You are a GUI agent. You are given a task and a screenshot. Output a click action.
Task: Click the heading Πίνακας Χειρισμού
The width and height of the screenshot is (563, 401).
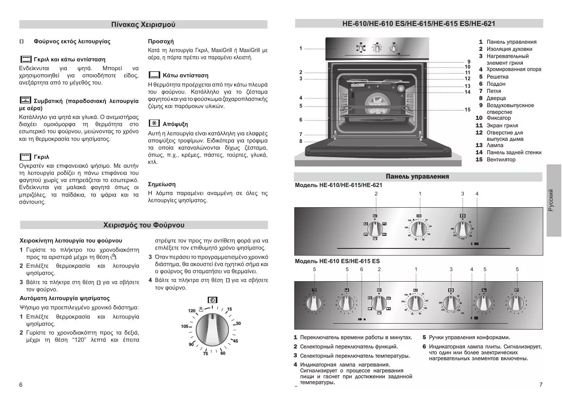coord(143,24)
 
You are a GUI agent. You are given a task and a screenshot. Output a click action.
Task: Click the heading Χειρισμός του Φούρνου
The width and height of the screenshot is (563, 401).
coord(144,225)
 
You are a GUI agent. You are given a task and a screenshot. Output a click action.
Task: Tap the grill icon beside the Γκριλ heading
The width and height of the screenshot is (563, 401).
coord(26,157)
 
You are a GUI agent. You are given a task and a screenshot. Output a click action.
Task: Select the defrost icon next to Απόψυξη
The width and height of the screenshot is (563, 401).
coord(154,124)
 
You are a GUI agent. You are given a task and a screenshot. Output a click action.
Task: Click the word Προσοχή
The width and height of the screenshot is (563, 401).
coord(161,41)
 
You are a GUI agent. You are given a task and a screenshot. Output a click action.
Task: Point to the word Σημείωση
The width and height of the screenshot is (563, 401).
coord(162,184)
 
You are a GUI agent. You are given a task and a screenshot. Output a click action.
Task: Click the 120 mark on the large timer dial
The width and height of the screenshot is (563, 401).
coord(192,311)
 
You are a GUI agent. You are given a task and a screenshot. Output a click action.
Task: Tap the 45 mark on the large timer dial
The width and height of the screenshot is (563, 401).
coord(235,341)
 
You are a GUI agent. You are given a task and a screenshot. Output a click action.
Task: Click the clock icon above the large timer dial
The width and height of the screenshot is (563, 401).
coord(213,300)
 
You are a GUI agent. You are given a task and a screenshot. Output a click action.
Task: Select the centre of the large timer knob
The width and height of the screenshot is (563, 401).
coord(213,330)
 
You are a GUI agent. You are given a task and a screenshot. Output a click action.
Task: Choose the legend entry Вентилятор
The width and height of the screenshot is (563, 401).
coord(501,159)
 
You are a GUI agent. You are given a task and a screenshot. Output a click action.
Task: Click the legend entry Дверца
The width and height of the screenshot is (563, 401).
coord(496,98)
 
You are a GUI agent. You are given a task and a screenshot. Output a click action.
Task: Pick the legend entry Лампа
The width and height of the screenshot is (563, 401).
coord(495,145)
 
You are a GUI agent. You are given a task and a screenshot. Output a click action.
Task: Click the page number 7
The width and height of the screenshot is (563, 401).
coord(541,385)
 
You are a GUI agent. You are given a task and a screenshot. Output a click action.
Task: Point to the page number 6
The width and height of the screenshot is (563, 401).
coord(21,385)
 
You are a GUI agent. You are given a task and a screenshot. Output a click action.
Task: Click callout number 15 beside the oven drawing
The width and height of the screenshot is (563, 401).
coord(467,110)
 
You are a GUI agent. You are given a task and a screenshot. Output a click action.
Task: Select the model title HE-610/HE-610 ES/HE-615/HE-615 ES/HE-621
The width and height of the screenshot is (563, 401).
coord(419,24)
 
